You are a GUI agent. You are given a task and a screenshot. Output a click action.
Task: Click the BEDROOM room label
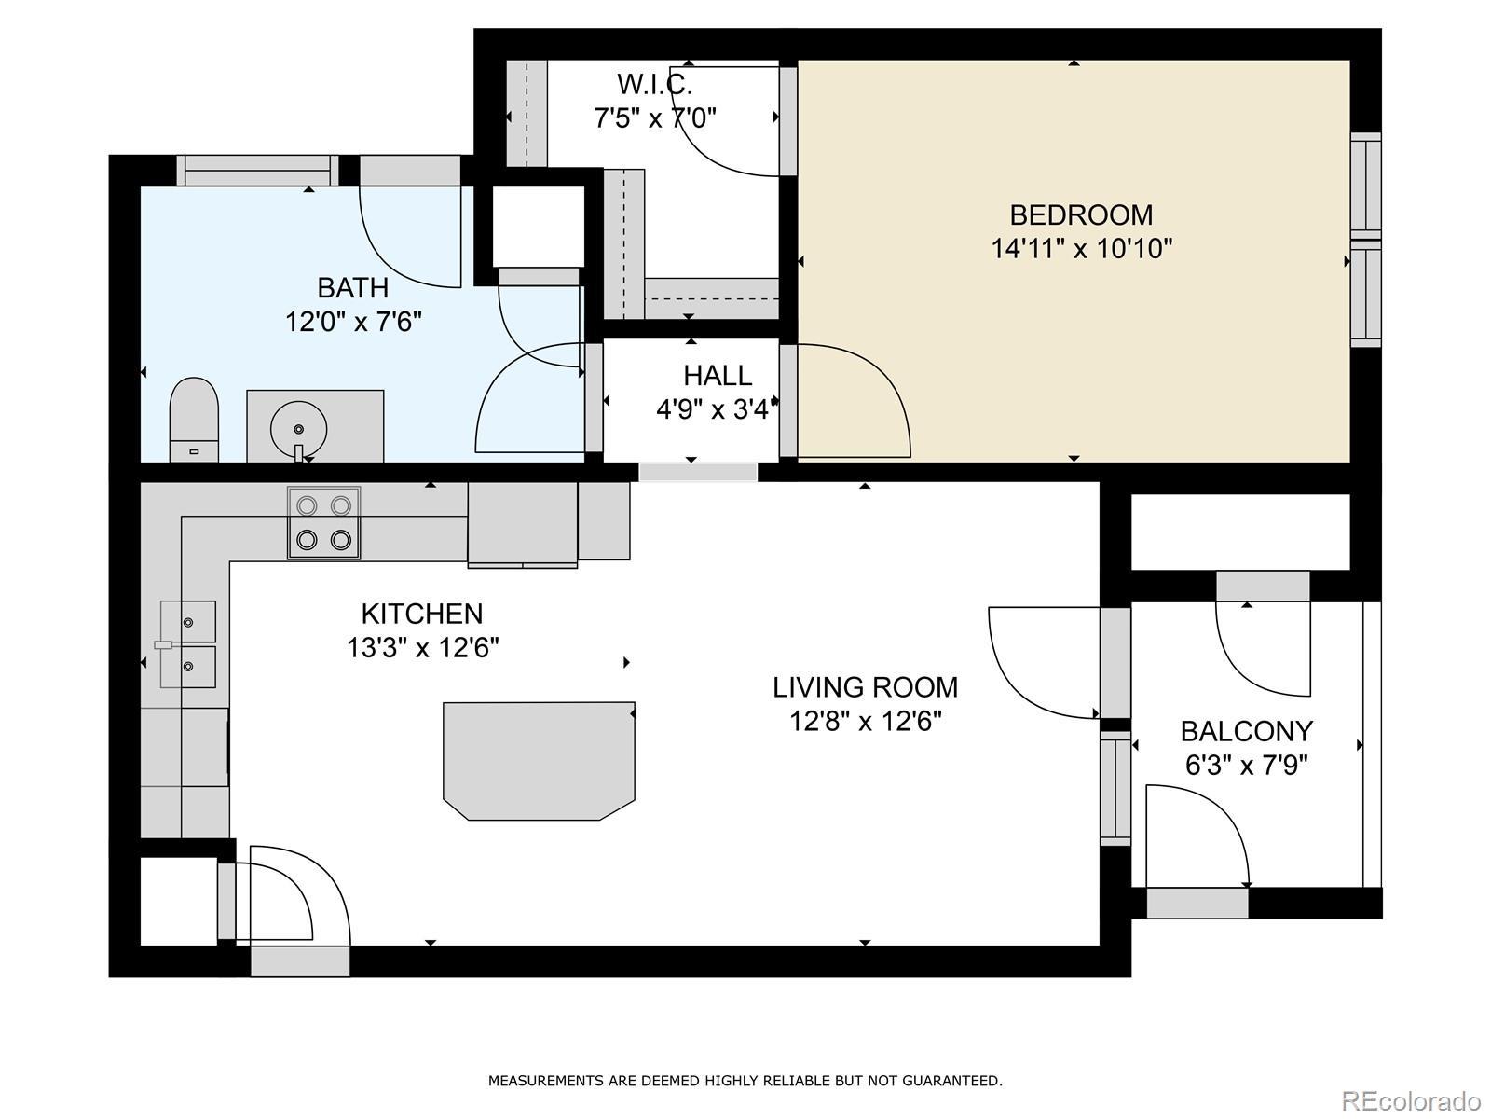1081,215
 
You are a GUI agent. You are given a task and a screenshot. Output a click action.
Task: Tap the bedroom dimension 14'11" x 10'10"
1081,249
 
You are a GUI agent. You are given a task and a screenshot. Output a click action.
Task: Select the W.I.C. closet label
655,85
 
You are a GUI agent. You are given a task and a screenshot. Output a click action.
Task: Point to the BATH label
352,288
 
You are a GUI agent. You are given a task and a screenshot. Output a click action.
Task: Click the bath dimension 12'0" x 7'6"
353,322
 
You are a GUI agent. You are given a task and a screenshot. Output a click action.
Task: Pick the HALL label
718,376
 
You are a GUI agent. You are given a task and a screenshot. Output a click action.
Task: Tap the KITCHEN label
422,615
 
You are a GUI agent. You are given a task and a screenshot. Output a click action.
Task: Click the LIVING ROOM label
866,687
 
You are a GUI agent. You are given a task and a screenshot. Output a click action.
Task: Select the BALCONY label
1247,732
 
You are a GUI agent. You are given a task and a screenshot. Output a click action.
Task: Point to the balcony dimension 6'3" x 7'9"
1247,766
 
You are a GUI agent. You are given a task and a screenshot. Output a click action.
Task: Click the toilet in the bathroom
194,420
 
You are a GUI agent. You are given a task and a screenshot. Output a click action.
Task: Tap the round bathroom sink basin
298,429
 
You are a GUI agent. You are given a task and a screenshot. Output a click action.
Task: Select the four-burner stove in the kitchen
324,523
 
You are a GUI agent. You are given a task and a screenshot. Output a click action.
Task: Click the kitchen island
539,761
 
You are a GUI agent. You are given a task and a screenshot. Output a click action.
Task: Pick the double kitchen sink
188,644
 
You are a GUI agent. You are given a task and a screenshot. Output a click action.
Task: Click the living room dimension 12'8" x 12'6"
866,722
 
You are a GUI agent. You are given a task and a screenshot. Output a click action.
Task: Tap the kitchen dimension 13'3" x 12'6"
422,647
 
